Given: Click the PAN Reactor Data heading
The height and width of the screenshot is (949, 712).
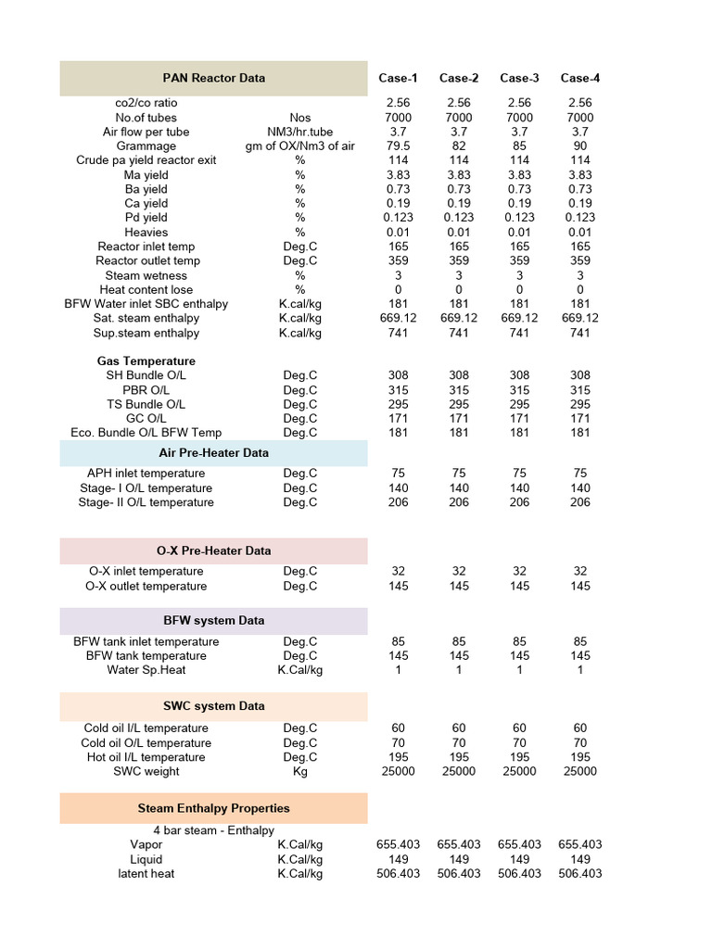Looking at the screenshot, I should coord(214,78).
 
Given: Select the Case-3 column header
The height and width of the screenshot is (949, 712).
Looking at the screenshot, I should coord(519,78).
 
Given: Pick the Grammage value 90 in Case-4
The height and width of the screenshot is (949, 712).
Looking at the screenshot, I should coord(579,146).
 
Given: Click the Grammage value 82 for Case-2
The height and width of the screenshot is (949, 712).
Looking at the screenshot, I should coord(459,146).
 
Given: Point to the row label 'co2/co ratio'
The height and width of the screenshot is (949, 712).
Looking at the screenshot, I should coord(146,103).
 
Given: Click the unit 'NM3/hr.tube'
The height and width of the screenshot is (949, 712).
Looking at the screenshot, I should coord(300,132).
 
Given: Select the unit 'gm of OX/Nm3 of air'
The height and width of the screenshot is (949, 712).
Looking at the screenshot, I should coord(300,146).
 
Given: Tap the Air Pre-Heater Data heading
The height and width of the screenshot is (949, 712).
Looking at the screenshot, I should coord(214,453).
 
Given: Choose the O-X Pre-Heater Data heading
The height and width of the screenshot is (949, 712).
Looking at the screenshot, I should coord(214,550).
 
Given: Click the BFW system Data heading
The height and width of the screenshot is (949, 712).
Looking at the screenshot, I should coord(214,621).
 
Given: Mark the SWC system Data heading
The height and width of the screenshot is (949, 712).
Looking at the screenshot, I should coord(214,706).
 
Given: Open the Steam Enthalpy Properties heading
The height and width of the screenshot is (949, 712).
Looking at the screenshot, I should coord(214,808).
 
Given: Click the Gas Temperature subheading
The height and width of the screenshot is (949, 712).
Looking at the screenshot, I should coord(146,361).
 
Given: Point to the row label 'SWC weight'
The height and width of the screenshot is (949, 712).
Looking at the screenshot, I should coord(146,771).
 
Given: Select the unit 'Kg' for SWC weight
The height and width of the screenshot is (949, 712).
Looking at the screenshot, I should coord(300,771).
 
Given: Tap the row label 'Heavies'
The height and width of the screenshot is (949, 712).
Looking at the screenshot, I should coord(146,232).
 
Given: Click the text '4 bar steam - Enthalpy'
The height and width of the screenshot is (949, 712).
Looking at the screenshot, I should coord(214,830).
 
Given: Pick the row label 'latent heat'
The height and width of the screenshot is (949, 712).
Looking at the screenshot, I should coord(146,873).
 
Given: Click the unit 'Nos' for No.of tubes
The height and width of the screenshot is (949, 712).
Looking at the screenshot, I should coord(300,118).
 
